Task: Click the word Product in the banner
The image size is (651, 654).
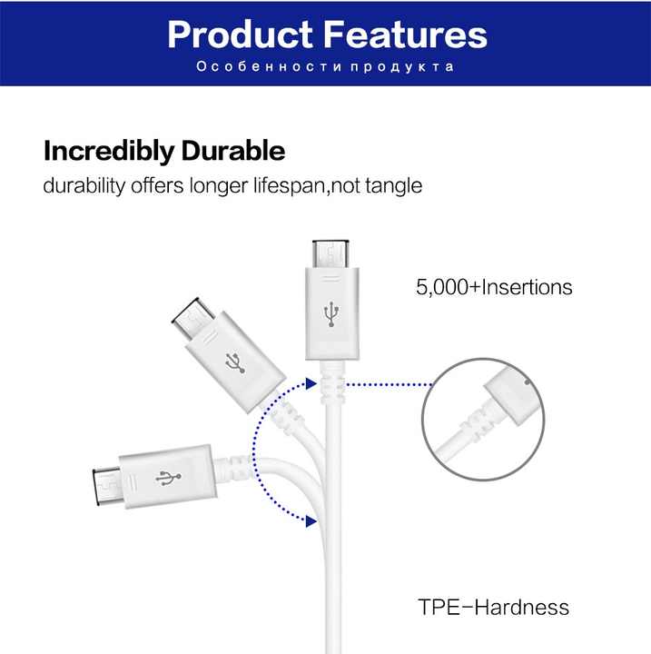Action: (x=241, y=35)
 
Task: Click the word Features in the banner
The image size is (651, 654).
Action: (x=405, y=35)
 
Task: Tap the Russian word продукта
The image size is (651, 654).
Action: (x=402, y=67)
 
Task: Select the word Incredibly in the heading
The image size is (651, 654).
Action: (x=109, y=151)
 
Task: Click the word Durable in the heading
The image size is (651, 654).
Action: (x=233, y=150)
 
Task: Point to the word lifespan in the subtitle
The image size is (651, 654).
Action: (x=290, y=185)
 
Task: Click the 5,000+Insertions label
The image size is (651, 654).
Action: (x=494, y=287)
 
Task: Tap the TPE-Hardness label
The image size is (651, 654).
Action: (x=493, y=607)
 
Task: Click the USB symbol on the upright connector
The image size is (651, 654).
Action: (x=331, y=313)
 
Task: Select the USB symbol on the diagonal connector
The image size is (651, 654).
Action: (x=236, y=362)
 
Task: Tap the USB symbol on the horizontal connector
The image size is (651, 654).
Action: (x=169, y=478)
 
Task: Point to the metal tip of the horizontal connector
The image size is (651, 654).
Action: (x=108, y=487)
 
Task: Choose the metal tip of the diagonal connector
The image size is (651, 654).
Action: (x=193, y=319)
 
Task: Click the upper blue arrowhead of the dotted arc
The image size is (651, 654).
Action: (x=311, y=383)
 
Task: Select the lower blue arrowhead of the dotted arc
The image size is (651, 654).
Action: (x=311, y=521)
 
